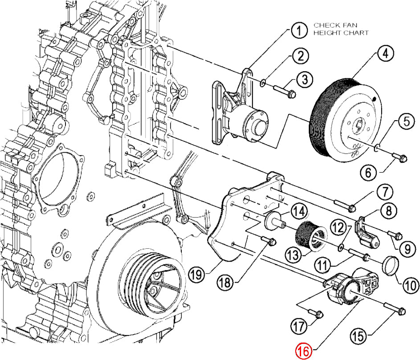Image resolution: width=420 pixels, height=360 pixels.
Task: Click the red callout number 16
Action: (x=304, y=351)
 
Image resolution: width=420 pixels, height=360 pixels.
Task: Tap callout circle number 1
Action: (x=299, y=30)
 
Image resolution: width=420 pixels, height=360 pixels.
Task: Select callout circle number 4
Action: (x=385, y=53)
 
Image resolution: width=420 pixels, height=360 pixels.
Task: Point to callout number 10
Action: (x=410, y=285)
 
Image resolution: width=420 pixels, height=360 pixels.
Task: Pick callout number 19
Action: (x=197, y=274)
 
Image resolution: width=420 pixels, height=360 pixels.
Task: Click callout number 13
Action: (x=294, y=255)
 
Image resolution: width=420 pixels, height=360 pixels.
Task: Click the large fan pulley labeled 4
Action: (x=346, y=120)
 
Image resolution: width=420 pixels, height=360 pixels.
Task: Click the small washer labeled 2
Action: (x=263, y=83)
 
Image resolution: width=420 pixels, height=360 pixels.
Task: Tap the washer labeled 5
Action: (x=377, y=147)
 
